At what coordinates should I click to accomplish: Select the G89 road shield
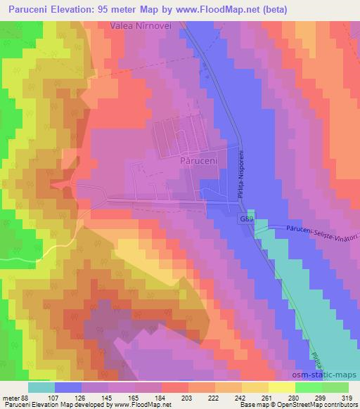pyautogui.click(x=247, y=220)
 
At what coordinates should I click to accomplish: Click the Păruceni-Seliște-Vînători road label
pyautogui.click(x=321, y=231)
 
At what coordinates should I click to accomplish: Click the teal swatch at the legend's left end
pyautogui.click(x=41, y=387)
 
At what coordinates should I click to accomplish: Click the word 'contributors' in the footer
pyautogui.click(x=342, y=405)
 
